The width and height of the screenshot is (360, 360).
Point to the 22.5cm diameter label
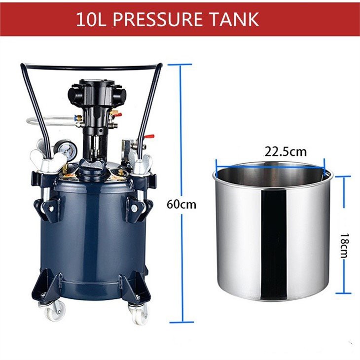coord(286,151)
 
